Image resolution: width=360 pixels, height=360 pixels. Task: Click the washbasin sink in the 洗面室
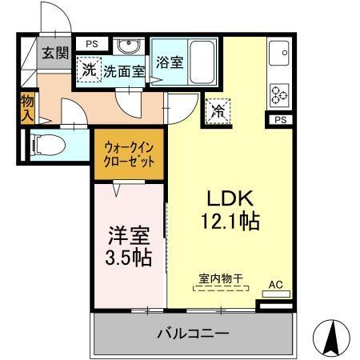pyautogui.click(x=126, y=46)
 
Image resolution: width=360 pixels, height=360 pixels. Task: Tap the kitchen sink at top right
pyautogui.click(x=282, y=54)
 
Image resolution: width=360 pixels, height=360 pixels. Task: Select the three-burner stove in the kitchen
pyautogui.click(x=281, y=94)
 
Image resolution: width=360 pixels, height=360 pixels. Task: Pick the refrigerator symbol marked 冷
pyautogui.click(x=218, y=111)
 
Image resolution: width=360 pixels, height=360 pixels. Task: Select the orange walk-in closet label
pyautogui.click(x=129, y=152)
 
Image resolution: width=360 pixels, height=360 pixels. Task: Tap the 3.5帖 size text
pyautogui.click(x=128, y=258)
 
